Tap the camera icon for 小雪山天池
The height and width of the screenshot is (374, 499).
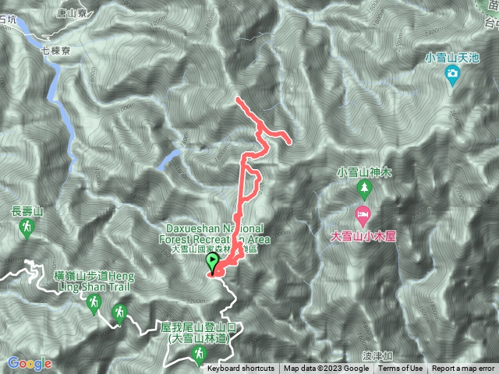[x=452, y=74]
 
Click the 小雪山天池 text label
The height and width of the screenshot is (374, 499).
[x=452, y=57]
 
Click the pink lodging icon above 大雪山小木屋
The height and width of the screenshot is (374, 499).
[x=363, y=214]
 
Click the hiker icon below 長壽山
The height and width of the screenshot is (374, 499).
[x=27, y=228]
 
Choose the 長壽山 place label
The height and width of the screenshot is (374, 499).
[x=27, y=210]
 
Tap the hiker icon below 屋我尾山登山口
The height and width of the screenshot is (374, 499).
[x=199, y=355]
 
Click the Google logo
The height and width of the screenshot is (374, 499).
[x=30, y=363]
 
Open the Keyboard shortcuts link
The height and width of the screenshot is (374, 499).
[x=241, y=369]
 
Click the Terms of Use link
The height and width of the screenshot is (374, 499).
[x=401, y=369]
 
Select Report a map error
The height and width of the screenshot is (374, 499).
[x=463, y=369]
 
